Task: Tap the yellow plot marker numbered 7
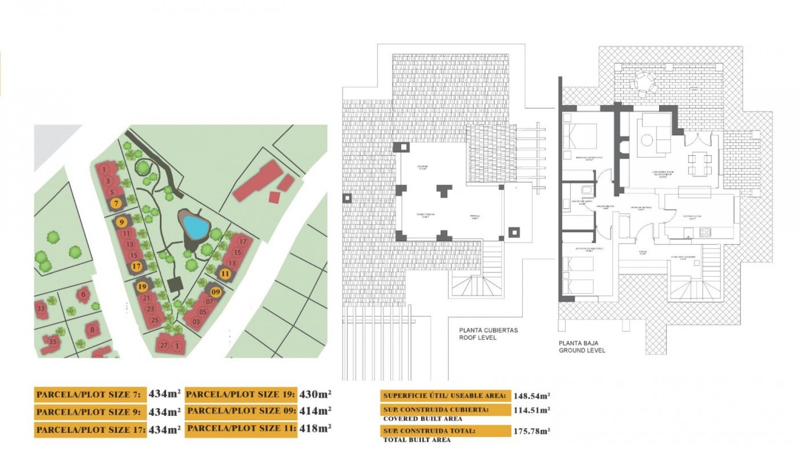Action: pos(116,203)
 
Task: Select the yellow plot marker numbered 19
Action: pos(142,286)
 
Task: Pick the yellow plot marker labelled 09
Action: pos(215,292)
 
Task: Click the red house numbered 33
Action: pos(41,308)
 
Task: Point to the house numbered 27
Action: pos(164,345)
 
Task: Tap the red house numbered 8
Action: pos(92,330)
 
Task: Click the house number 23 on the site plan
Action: pos(151,309)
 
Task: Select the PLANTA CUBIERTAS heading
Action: pos(488,330)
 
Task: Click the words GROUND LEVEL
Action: pos(581,350)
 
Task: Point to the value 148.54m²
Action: pos(531,396)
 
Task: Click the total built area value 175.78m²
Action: pos(531,431)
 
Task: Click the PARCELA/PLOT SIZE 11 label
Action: pos(241,428)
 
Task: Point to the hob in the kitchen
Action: pos(705,232)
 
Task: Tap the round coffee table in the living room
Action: pos(647,140)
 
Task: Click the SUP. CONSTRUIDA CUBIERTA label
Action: pos(436,410)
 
